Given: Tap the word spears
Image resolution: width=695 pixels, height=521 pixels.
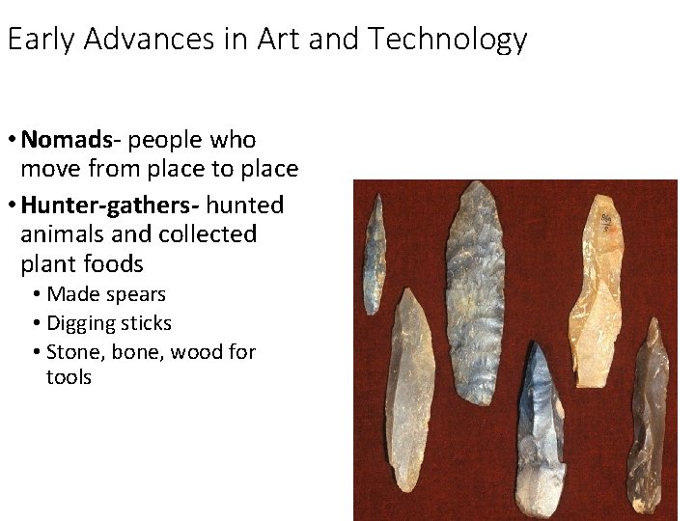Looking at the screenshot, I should tap(138, 293).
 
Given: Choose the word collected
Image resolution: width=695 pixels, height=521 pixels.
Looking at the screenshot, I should tap(209, 234).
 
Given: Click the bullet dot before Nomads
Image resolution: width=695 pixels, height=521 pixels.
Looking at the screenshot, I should tap(10, 141).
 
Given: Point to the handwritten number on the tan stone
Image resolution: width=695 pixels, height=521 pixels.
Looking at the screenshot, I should tap(606, 222).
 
